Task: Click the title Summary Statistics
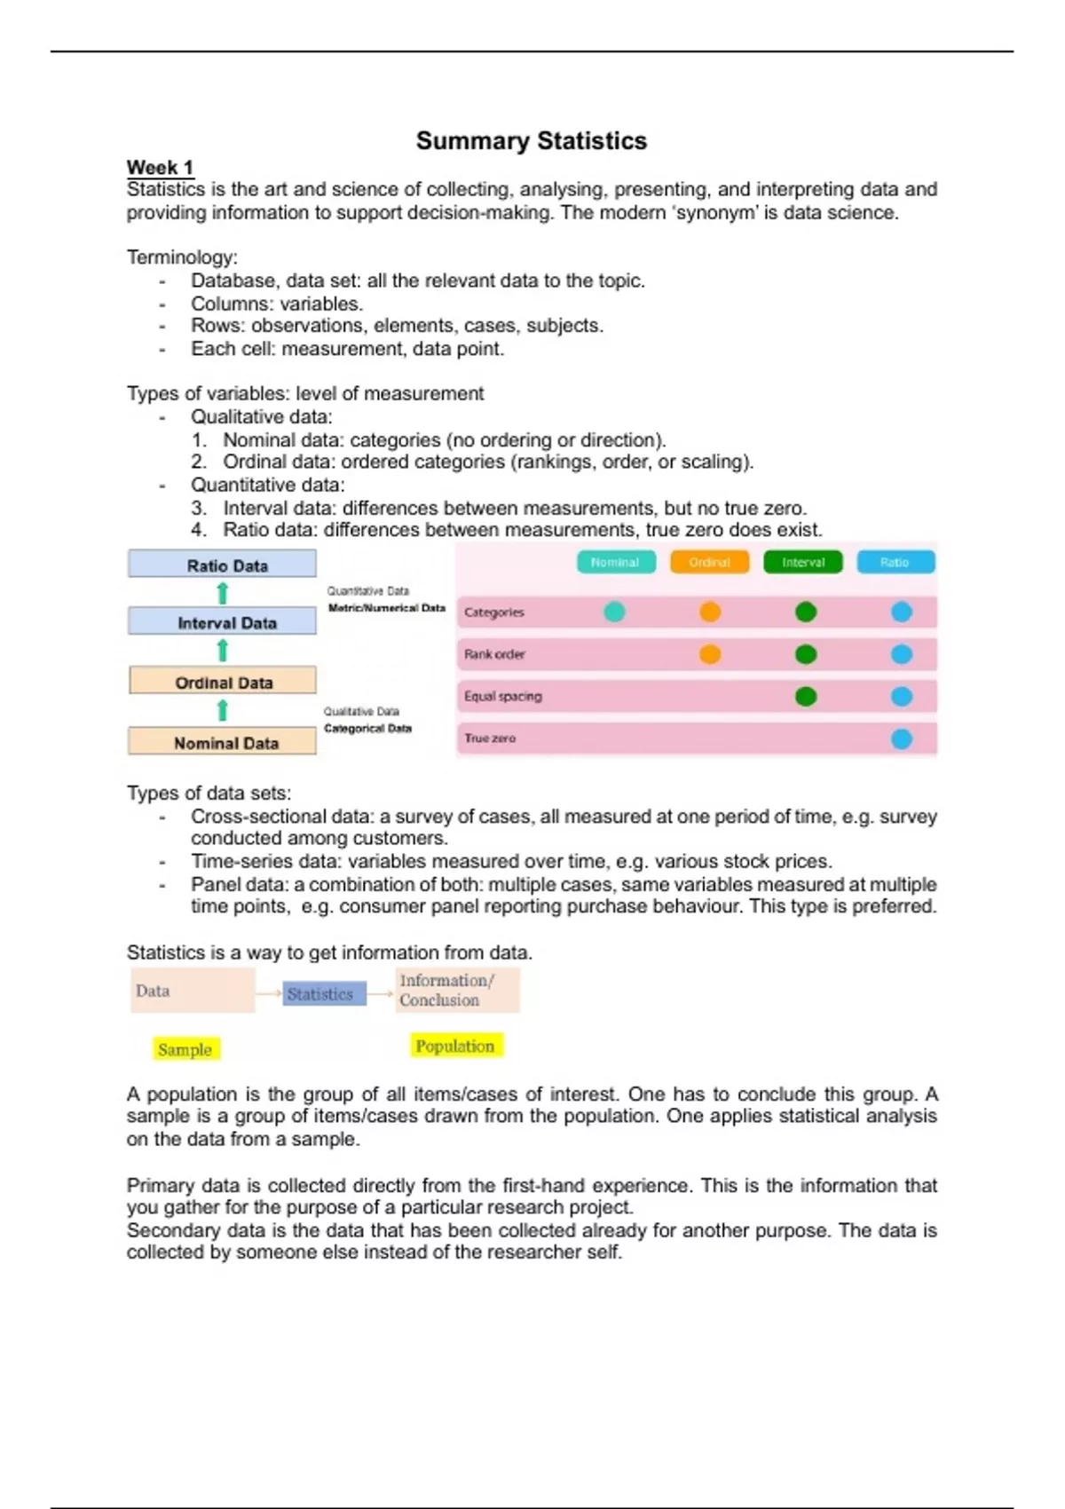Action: (x=532, y=141)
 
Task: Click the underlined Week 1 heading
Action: (x=160, y=168)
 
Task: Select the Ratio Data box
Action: (x=222, y=565)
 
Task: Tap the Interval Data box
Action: (x=222, y=622)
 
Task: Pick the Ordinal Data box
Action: (x=222, y=682)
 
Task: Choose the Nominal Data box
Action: (x=222, y=742)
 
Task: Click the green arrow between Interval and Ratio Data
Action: (x=223, y=593)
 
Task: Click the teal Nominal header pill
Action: (x=616, y=562)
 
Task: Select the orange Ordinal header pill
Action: (x=709, y=562)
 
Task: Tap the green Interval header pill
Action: (x=803, y=562)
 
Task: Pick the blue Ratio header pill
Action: (x=895, y=562)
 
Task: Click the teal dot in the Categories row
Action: (x=614, y=612)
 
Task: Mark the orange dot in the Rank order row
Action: (x=710, y=654)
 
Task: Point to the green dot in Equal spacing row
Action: (x=806, y=696)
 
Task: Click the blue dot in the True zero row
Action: (x=902, y=739)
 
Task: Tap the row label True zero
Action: (x=490, y=739)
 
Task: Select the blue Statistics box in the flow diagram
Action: (x=320, y=994)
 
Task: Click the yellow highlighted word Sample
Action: (x=185, y=1049)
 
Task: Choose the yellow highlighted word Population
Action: (x=455, y=1046)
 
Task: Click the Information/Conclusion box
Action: (x=457, y=991)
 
